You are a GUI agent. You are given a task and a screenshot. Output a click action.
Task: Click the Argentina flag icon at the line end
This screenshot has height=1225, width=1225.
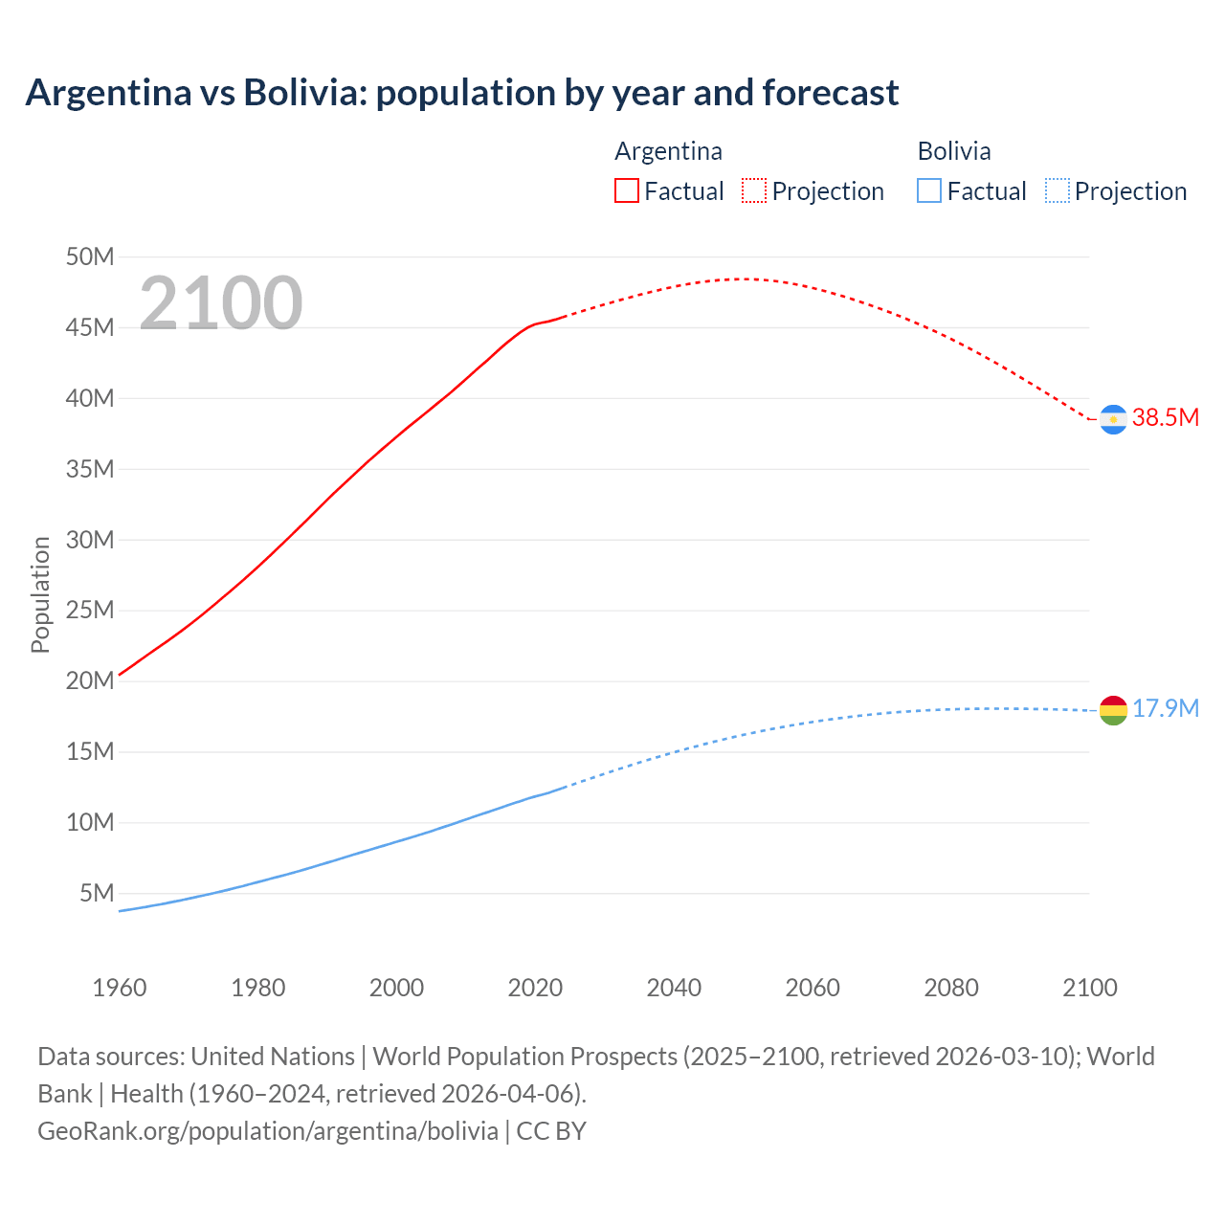point(1113,419)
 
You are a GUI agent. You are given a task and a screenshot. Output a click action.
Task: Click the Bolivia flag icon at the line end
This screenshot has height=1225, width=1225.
point(1113,710)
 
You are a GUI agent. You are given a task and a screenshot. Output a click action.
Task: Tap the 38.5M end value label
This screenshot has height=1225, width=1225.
point(1165,417)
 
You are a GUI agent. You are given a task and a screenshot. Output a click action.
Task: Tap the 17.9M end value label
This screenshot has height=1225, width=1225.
point(1165,708)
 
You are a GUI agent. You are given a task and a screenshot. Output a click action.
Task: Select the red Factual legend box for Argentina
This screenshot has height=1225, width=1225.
point(626,190)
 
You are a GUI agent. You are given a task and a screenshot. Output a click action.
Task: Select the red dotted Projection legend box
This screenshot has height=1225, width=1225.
point(754,190)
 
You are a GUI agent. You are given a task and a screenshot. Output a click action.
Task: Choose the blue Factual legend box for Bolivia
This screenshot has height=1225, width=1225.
point(929,190)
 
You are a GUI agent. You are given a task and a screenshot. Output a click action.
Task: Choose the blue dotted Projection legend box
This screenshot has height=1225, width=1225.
point(1057,190)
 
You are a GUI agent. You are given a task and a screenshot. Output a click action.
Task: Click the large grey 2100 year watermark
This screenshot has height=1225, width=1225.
point(221,303)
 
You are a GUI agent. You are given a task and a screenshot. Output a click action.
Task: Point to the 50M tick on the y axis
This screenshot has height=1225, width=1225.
point(90,256)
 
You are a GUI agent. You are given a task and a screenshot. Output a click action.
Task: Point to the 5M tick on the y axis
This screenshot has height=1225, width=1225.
point(97,893)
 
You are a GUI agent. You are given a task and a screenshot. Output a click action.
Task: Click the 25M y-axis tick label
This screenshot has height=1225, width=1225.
point(90,610)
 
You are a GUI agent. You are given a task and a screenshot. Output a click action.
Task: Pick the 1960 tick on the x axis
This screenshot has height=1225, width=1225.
point(120,988)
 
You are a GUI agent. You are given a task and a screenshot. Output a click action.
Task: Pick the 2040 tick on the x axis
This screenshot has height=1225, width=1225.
point(674,988)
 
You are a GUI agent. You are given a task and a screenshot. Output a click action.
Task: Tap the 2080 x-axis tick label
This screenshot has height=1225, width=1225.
point(951,988)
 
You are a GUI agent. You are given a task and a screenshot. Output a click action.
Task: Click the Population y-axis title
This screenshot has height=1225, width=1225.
point(40,594)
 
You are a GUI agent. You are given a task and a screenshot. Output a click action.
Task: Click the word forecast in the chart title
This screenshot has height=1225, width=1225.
point(831,93)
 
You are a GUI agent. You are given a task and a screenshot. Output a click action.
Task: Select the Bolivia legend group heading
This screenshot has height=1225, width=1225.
point(954,151)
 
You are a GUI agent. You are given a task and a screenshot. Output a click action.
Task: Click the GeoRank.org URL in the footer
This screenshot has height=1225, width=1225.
point(268,1130)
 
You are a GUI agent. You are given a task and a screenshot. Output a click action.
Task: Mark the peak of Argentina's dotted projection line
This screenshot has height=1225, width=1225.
point(742,278)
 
